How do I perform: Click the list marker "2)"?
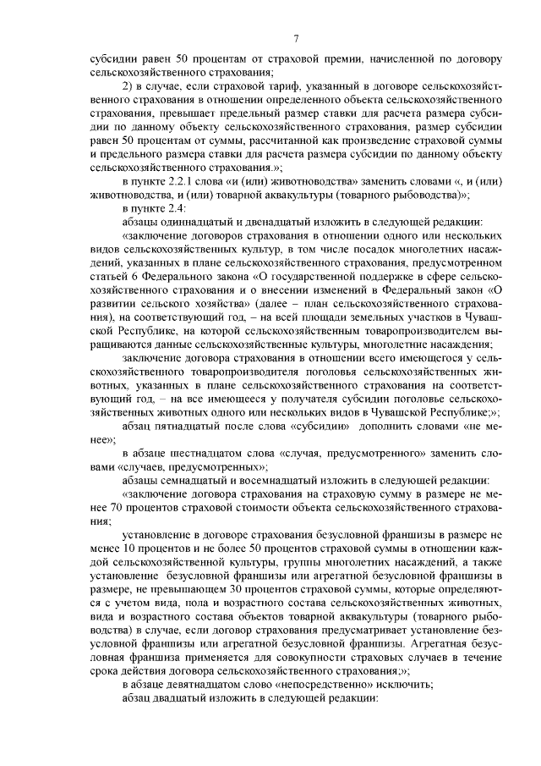pos(128,86)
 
